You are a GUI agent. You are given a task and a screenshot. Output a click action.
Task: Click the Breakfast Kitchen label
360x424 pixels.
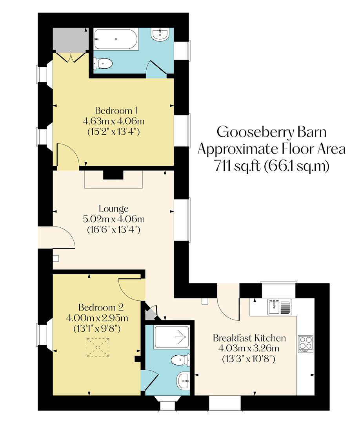[x=249, y=338]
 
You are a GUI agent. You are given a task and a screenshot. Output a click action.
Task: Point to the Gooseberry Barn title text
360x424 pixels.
[x=271, y=132]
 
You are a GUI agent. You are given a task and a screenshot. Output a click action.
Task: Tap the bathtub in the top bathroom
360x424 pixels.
[x=115, y=40]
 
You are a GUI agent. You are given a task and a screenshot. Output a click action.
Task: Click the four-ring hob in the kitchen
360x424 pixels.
[x=306, y=344]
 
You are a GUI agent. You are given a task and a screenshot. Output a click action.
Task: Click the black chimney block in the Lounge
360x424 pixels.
[x=113, y=174]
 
